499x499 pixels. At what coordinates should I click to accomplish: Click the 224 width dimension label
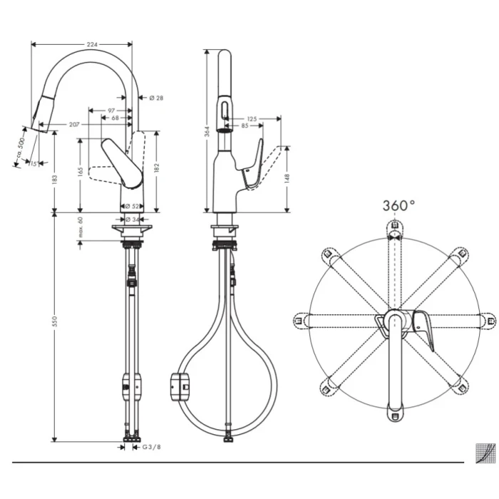(x=91, y=44)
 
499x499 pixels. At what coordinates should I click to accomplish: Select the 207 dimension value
(x=74, y=125)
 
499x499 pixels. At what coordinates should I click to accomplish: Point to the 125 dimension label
(x=252, y=118)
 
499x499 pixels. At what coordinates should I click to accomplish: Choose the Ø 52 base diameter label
(x=132, y=206)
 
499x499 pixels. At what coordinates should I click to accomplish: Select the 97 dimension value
(x=111, y=110)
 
